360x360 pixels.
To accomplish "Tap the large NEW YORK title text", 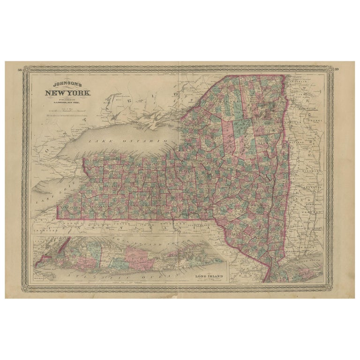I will click(x=68, y=93).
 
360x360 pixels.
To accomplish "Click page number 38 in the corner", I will click(x=19, y=70).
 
